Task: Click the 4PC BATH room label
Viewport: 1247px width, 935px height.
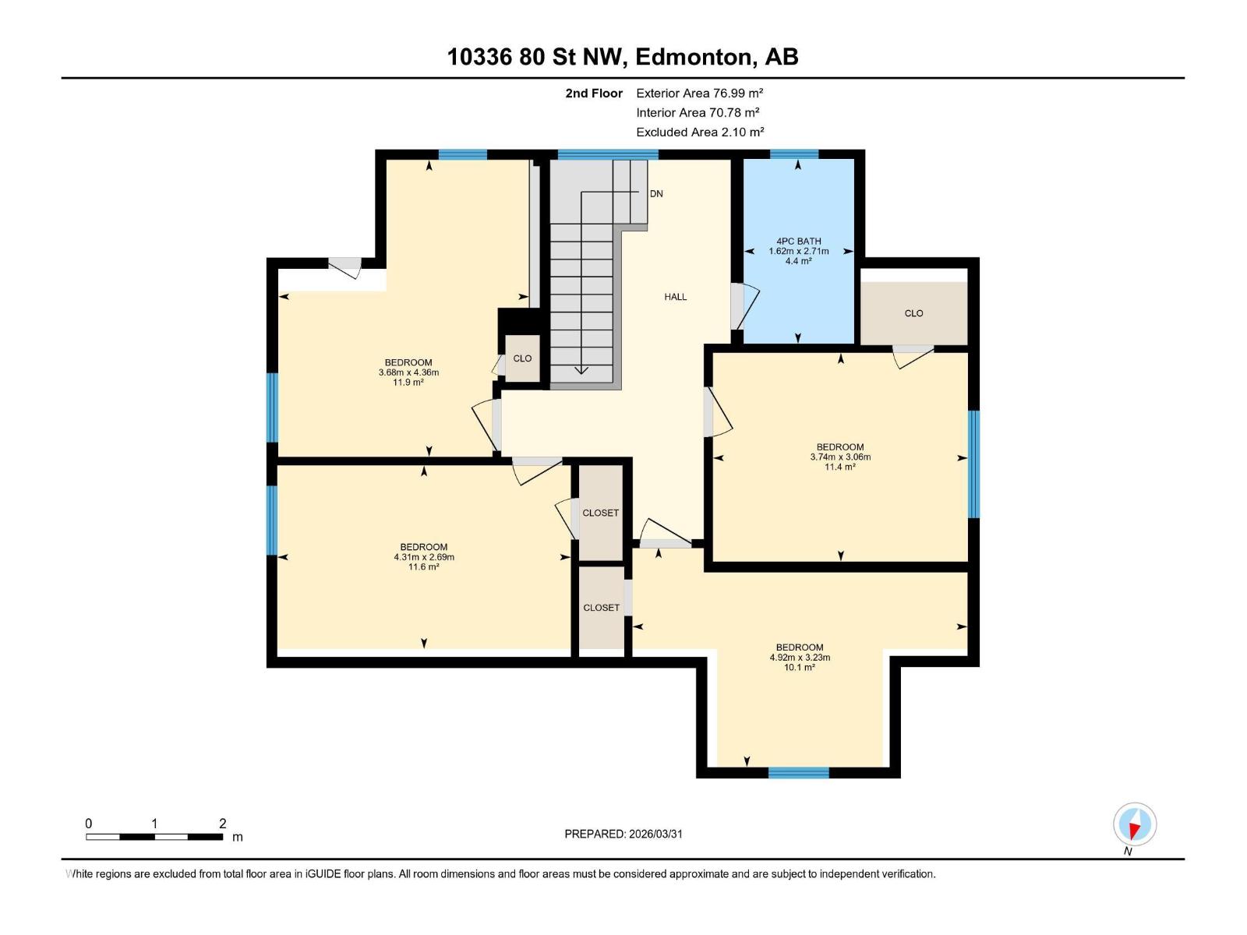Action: point(798,242)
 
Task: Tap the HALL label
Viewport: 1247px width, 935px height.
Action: point(675,297)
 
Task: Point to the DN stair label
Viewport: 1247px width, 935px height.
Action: point(656,194)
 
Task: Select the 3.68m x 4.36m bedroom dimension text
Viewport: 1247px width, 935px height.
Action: point(408,372)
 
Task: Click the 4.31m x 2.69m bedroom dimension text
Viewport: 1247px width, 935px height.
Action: point(424,557)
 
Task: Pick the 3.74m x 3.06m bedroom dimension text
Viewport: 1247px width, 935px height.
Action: point(840,457)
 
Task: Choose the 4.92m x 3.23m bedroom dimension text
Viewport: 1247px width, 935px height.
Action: point(800,658)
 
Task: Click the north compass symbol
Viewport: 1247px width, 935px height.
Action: point(1135,824)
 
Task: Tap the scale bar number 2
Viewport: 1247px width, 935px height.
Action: point(222,824)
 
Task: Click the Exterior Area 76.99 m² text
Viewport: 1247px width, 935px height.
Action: point(699,93)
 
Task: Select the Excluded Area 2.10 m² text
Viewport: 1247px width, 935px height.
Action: point(699,132)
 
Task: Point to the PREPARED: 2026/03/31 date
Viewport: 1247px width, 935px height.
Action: point(623,834)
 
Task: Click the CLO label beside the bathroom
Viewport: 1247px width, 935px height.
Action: point(913,313)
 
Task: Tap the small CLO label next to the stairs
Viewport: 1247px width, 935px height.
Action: point(522,358)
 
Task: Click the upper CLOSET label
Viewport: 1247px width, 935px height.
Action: point(601,513)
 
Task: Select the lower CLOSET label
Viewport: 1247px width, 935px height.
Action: point(601,608)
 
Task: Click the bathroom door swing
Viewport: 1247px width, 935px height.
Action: point(744,306)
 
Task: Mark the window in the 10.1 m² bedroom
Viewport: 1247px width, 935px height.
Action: point(798,773)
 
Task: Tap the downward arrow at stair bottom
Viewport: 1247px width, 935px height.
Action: point(581,369)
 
